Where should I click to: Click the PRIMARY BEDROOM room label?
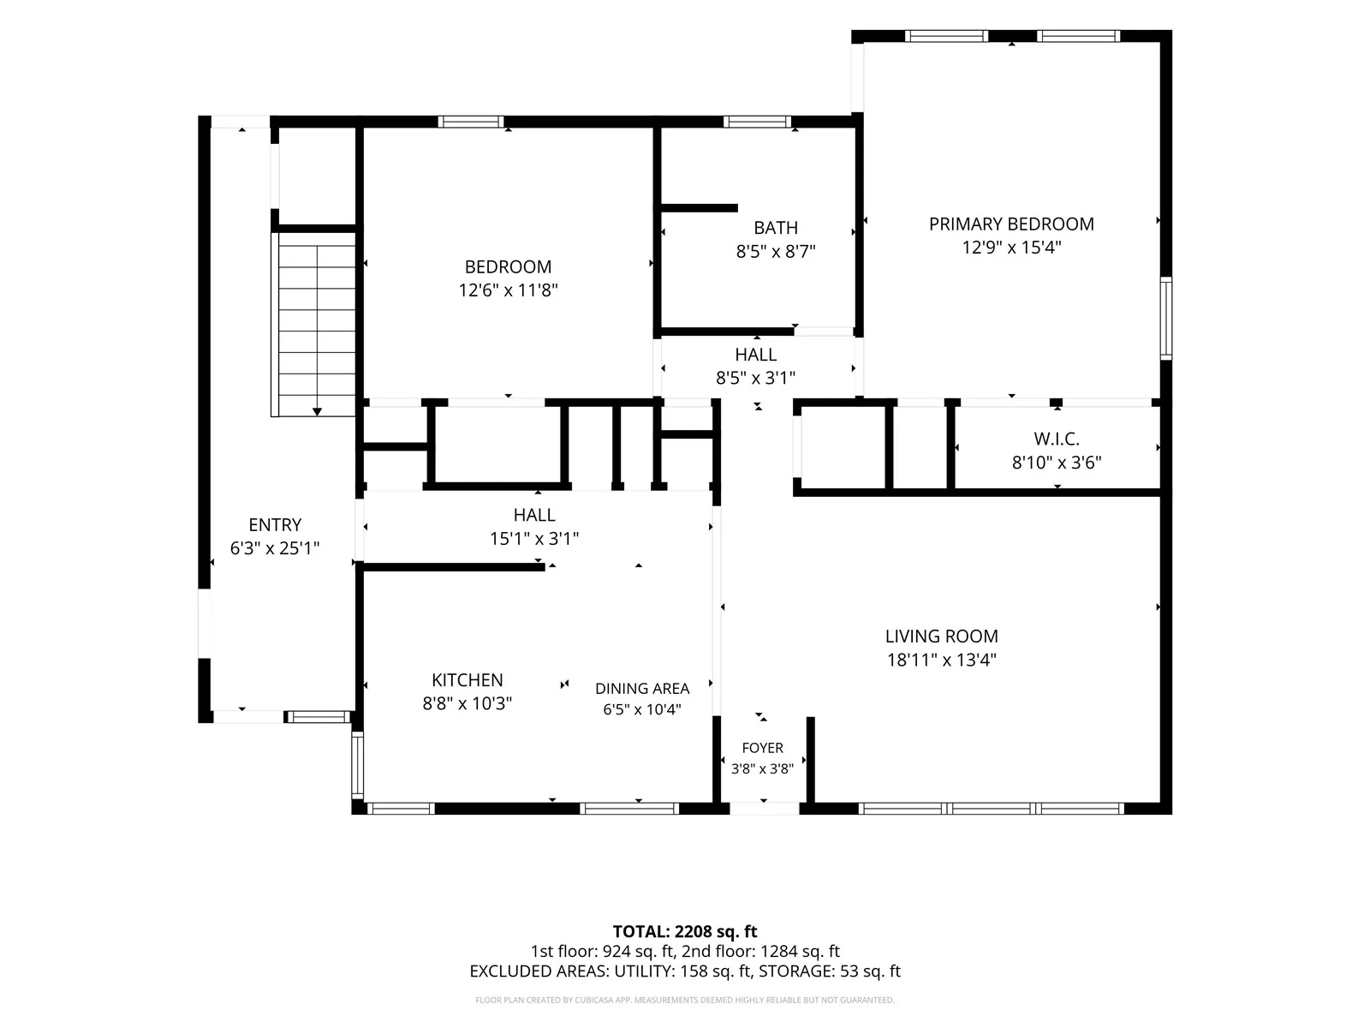[1011, 224]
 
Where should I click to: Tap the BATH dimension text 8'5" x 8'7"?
[776, 252]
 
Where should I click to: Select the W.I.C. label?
[1057, 439]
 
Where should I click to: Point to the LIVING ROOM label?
[942, 636]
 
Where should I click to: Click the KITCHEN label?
[468, 679]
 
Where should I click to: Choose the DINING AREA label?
[642, 689]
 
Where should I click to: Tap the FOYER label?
[763, 748]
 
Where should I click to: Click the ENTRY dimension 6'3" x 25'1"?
[275, 548]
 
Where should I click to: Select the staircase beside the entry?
[313, 325]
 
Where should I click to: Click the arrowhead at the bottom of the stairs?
[317, 412]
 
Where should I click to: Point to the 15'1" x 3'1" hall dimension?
[534, 539]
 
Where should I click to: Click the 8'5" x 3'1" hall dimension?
[756, 379]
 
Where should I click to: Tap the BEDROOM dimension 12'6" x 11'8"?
[508, 290]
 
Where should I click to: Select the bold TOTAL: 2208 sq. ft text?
[685, 932]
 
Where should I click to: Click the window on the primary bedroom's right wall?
[1166, 319]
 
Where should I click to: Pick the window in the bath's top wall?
[757, 122]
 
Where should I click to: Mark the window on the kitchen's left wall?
[357, 765]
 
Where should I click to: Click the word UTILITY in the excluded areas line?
[644, 971]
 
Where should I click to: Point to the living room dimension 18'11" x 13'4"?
[942, 660]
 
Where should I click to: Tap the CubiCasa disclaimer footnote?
[685, 1000]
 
